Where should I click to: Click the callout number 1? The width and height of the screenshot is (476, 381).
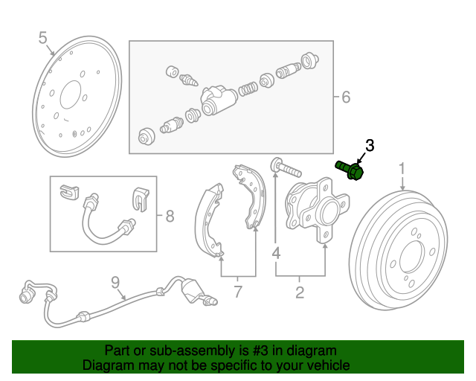[x=402, y=169]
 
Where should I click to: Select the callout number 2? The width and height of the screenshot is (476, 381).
[x=300, y=292]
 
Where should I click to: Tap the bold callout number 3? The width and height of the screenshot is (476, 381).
[x=370, y=144]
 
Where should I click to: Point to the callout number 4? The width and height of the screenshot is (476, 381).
[x=275, y=254]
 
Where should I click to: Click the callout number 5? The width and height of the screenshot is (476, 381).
[x=42, y=37]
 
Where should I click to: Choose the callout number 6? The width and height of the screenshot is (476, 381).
[x=345, y=97]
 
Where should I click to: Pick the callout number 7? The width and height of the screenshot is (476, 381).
[x=238, y=292]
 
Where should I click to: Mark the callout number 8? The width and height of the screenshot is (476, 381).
[x=170, y=217]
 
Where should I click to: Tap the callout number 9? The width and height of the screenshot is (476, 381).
[x=115, y=282]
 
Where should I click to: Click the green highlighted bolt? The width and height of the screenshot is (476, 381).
[x=350, y=170]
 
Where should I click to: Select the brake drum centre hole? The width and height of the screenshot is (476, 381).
[x=411, y=257]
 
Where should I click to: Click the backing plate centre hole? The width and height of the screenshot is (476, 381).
[x=71, y=96]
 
